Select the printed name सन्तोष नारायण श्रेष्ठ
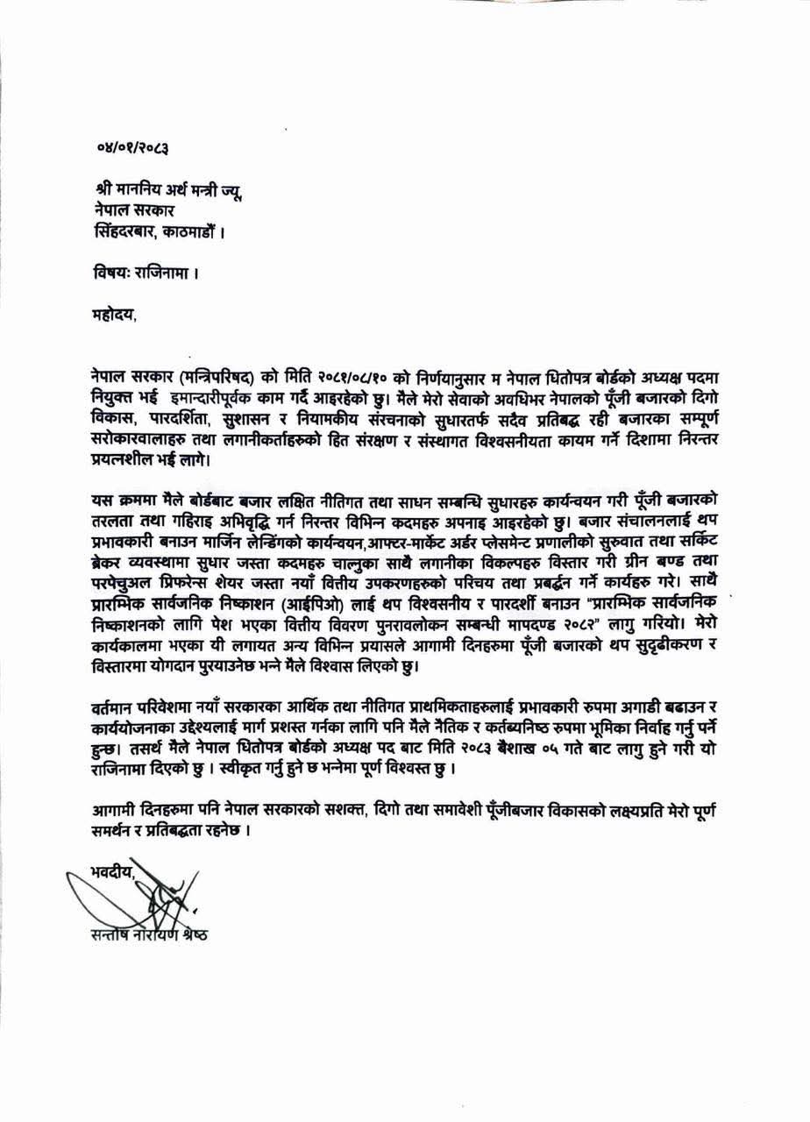click(x=141, y=935)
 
